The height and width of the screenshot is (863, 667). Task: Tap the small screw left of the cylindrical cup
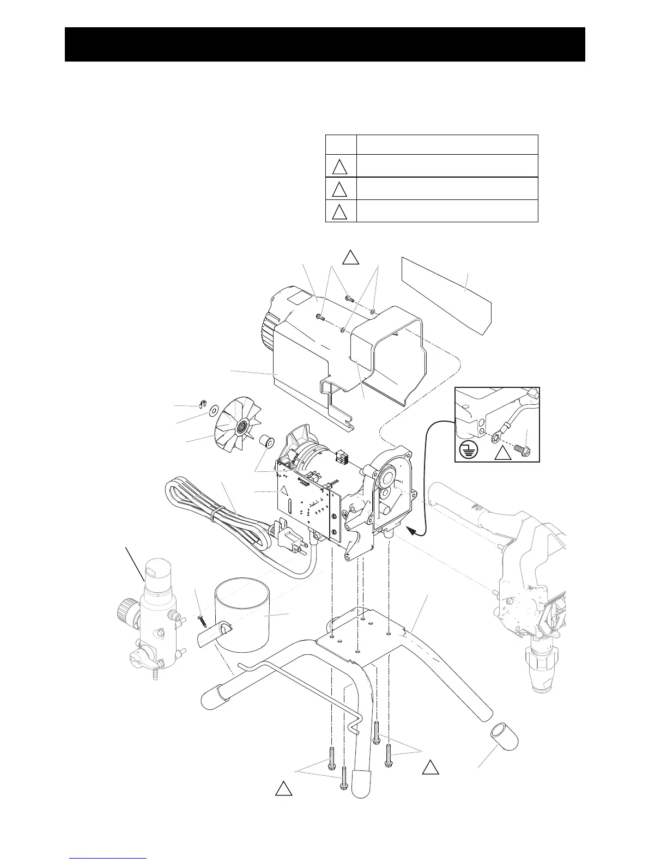[x=202, y=619]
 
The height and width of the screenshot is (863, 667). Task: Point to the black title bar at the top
[x=325, y=44]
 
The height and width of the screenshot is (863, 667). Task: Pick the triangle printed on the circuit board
[x=283, y=489]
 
